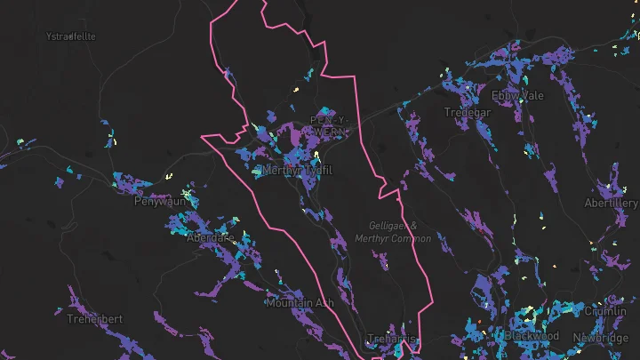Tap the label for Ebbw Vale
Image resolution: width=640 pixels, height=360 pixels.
pyautogui.click(x=514, y=95)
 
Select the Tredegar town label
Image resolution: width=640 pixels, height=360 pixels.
pyautogui.click(x=467, y=112)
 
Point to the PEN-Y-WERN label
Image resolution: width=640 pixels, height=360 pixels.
pyautogui.click(x=330, y=125)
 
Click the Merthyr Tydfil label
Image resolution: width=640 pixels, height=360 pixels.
pyautogui.click(x=299, y=170)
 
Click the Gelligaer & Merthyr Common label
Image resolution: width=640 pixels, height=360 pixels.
pyautogui.click(x=392, y=233)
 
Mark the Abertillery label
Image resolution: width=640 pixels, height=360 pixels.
pyautogui.click(x=611, y=204)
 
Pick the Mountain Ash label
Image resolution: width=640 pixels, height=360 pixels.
pyautogui.click(x=300, y=303)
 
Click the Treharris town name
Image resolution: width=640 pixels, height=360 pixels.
pyautogui.click(x=392, y=339)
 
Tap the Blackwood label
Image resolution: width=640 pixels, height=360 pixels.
pyautogui.click(x=532, y=336)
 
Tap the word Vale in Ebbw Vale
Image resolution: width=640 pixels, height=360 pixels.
pyautogui.click(x=525, y=95)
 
